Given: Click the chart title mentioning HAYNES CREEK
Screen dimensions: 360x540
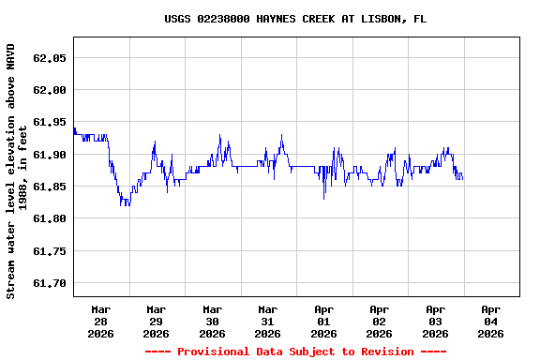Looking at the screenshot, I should tap(295, 19).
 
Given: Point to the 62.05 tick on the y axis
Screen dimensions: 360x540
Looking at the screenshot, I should tap(49, 58).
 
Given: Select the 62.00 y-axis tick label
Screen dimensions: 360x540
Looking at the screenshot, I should tap(49, 90).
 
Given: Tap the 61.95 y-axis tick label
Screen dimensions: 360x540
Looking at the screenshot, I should tap(49, 122).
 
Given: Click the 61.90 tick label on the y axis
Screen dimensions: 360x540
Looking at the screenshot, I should tap(49, 155).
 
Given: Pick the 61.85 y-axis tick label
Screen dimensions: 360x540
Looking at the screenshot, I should tap(49, 187).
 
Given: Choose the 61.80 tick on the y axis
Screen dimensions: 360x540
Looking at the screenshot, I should tap(49, 218).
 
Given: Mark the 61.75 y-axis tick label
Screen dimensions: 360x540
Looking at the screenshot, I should tap(49, 251).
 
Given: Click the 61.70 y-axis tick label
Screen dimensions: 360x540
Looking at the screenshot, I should tap(49, 283).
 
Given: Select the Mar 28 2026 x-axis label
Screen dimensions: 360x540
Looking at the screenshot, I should tap(100, 321).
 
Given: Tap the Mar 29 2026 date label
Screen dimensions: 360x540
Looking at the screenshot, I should tap(157, 321).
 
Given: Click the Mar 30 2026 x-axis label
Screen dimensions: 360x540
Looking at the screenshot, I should tap(212, 321).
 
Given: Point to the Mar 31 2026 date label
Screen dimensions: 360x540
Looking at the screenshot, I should tap(268, 321).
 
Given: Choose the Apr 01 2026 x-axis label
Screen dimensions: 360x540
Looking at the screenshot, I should tap(323, 321).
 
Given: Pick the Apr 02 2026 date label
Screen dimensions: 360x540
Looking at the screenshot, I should tap(380, 321).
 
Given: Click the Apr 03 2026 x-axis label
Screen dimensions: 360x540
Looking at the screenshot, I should tap(435, 321).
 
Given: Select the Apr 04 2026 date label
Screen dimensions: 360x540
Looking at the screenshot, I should tap(490, 321).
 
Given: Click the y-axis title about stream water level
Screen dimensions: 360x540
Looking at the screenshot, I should tap(17, 171).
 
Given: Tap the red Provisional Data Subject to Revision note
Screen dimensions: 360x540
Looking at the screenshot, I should tap(295, 352).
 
